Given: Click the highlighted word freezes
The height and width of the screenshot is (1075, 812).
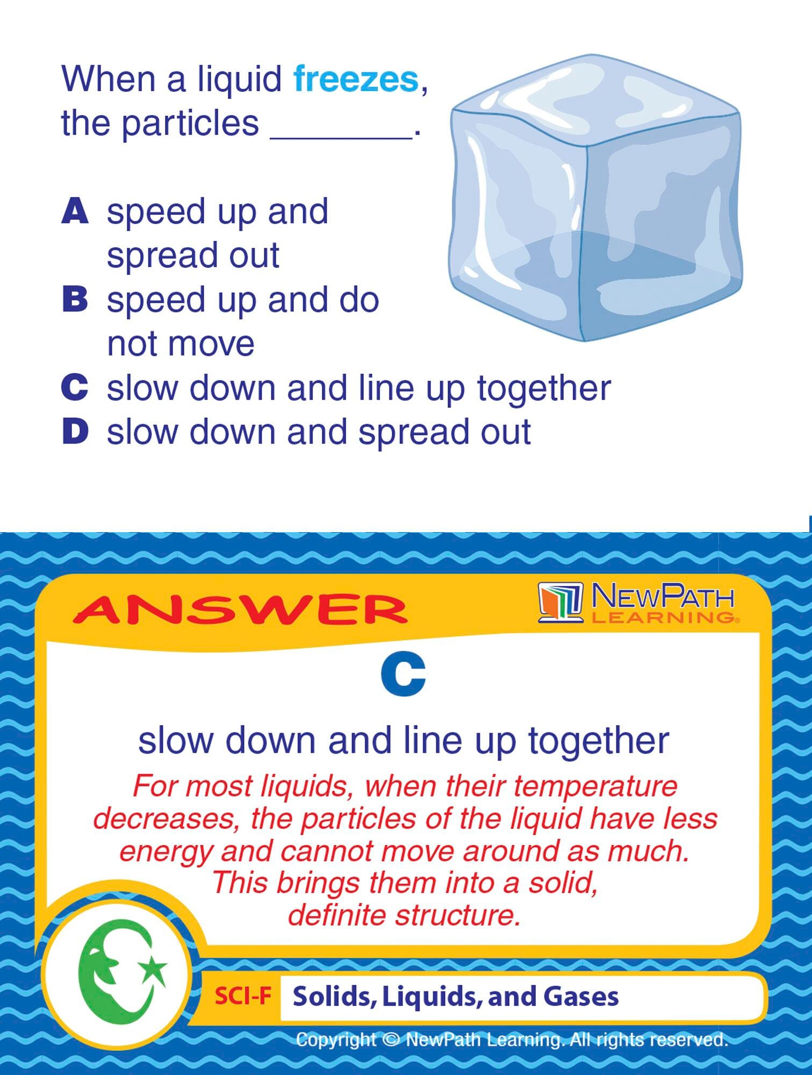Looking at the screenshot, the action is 356,79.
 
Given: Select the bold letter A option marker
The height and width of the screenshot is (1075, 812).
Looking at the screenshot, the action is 75,211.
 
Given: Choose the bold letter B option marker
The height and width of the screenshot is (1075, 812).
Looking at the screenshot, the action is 75,299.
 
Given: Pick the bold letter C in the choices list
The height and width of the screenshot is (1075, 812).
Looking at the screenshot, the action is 75,388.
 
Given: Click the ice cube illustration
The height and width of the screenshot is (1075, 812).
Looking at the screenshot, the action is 595,198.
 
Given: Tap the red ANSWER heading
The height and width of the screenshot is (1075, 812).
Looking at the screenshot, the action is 240,610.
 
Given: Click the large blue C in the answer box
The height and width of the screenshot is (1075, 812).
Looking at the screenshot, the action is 403,675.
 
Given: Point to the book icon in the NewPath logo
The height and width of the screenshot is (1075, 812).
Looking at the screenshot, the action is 561,603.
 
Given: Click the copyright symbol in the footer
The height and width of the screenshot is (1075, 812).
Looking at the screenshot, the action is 391,1040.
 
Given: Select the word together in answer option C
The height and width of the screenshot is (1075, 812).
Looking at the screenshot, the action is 544,389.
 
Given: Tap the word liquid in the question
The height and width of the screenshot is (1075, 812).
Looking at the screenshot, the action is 240,80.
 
